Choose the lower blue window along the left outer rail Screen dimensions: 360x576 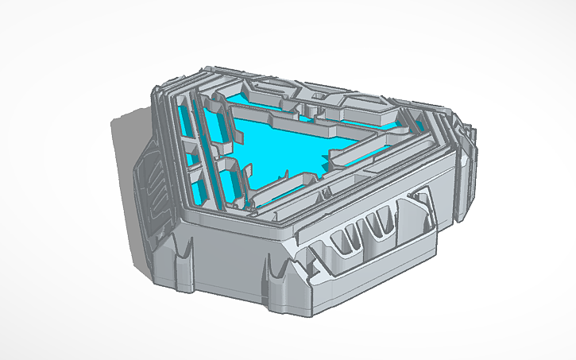[x=199, y=187]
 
